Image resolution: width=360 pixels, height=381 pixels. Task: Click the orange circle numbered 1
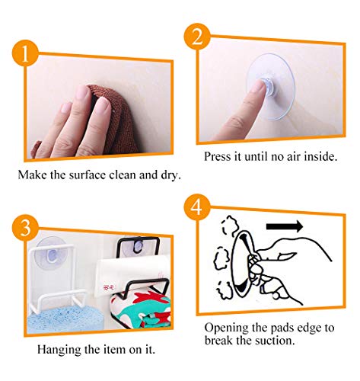coord(25,53)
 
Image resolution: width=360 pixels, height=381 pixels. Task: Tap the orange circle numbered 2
coord(197,36)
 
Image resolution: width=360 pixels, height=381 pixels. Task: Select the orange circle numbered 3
coord(25,227)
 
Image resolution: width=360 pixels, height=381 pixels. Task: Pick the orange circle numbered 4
coord(197,207)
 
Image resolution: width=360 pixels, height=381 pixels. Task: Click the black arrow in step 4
coord(285,226)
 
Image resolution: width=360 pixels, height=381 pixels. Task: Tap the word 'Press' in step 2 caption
coord(218,156)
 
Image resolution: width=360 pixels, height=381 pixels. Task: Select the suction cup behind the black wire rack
coord(139,245)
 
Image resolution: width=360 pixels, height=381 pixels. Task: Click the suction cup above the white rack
coord(53,251)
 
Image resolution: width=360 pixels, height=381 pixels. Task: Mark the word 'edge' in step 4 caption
coord(309,328)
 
